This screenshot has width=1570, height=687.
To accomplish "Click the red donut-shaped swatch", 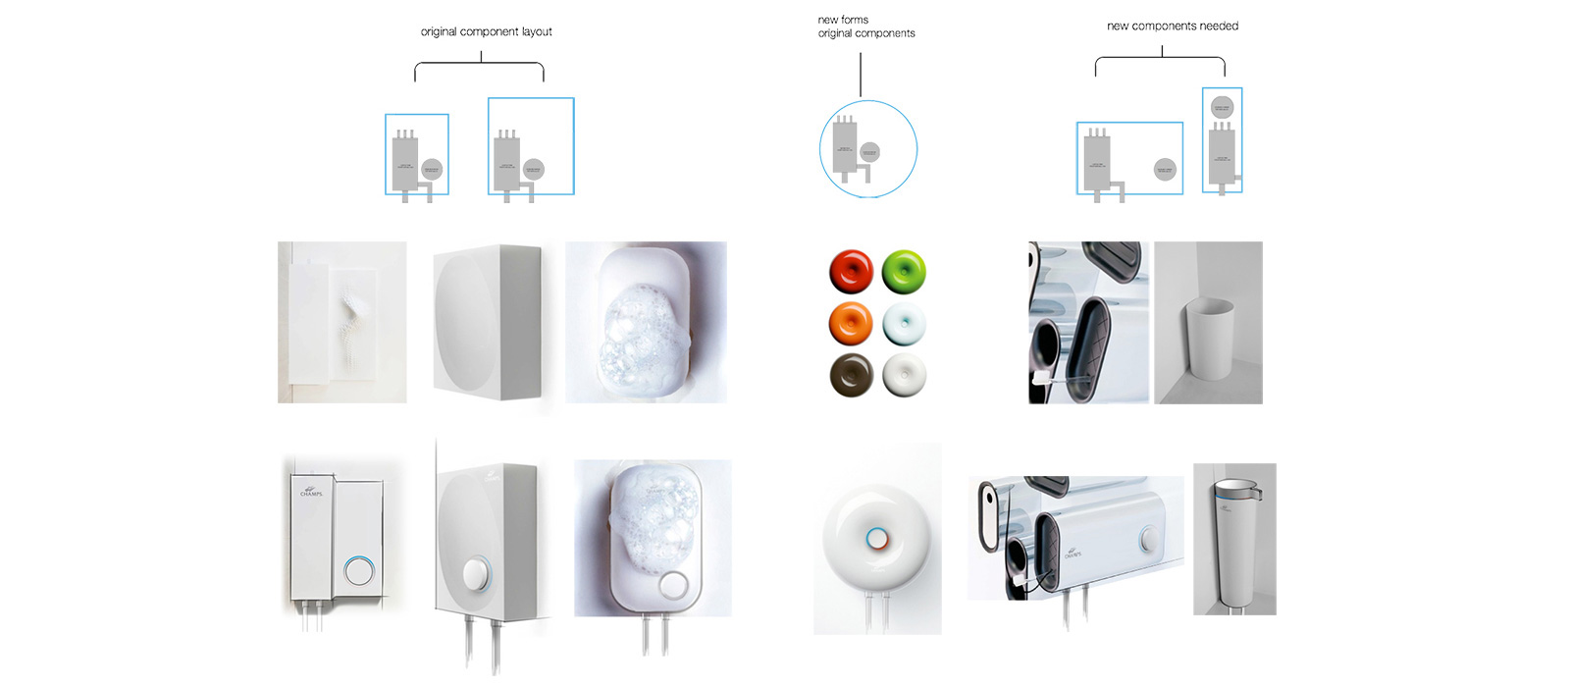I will tap(851, 271).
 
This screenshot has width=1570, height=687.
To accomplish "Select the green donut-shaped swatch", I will tap(904, 272).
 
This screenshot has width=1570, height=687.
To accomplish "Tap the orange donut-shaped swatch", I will tap(851, 323).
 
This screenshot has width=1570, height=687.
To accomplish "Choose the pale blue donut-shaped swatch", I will tap(904, 324).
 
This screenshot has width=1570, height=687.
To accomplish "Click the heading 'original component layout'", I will tap(486, 31).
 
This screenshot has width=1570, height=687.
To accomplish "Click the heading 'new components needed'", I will tap(1172, 26).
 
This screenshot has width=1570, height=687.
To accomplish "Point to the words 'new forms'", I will tap(843, 20).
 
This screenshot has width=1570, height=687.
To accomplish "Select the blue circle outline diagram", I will tap(868, 149).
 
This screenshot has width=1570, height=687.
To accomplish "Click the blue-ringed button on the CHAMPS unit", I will tap(359, 570).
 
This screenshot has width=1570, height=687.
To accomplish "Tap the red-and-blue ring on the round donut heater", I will tap(876, 539).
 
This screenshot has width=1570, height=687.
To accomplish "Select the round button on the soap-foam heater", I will tap(673, 585).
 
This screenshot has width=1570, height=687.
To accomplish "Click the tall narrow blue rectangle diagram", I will tap(1222, 139).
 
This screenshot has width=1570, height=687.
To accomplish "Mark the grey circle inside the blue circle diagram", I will tap(869, 152).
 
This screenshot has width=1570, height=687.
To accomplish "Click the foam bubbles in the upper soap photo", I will tap(644, 334).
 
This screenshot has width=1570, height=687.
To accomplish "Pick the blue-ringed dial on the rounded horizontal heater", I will tap(1149, 540).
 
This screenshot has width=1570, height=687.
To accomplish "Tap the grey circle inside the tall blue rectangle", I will tap(1222, 107).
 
